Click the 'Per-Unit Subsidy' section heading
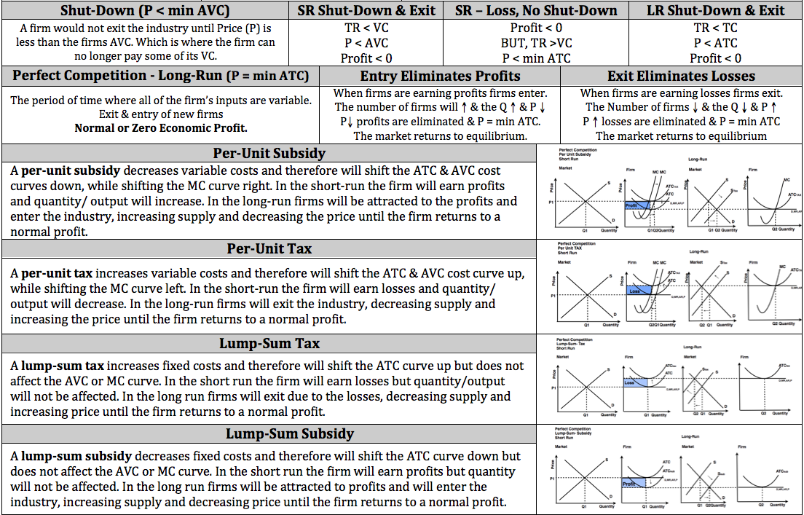(x=269, y=154)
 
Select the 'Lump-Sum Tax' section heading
(x=269, y=344)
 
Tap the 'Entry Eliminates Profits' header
(x=440, y=76)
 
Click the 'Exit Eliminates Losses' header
(x=681, y=76)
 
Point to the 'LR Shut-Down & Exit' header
(x=716, y=10)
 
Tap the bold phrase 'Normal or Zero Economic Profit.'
(x=161, y=128)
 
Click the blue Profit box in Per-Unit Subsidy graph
(x=633, y=206)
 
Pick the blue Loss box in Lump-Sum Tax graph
(x=633, y=382)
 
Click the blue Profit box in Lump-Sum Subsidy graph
(x=631, y=482)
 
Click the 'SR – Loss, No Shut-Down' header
(x=536, y=10)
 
